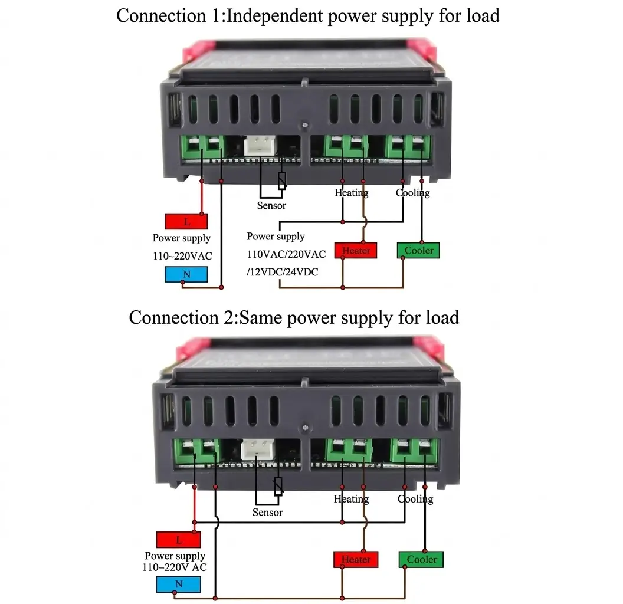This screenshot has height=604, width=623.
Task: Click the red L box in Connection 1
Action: (x=186, y=221)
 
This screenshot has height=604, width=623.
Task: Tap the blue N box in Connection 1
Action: (x=186, y=274)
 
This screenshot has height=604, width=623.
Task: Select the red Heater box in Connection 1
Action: (x=356, y=251)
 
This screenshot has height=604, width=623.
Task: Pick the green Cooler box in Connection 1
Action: (x=418, y=250)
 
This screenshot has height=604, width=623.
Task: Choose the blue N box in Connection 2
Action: (x=178, y=584)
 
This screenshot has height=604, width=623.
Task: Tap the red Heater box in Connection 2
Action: (x=356, y=560)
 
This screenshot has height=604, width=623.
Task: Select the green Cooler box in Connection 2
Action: (x=421, y=560)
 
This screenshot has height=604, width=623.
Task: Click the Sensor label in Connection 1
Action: (x=271, y=206)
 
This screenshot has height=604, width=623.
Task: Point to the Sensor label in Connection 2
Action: (x=267, y=513)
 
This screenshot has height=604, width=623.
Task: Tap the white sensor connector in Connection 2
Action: (x=257, y=449)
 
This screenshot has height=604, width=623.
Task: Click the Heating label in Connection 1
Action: (x=352, y=193)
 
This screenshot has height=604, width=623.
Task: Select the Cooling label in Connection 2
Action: (x=415, y=499)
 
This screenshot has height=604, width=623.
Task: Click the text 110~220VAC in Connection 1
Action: (x=183, y=256)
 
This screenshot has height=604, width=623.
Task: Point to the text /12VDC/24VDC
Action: (x=283, y=272)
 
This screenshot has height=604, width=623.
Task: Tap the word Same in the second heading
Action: (x=260, y=318)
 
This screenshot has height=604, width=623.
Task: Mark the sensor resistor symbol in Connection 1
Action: (x=282, y=181)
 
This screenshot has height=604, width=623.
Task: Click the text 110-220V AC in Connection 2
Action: (x=175, y=567)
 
